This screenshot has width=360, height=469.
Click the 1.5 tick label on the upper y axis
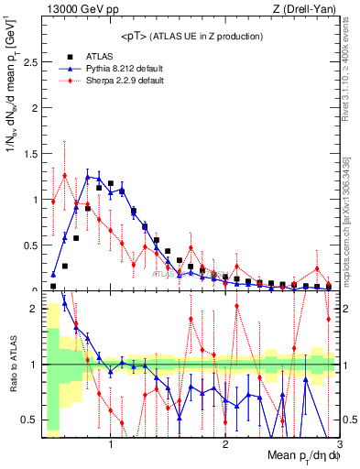tap(30, 154)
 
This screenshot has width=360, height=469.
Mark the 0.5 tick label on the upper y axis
tap(30, 245)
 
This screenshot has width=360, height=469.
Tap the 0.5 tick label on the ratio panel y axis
tap(30, 420)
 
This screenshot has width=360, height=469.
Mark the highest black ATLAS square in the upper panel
tap(111, 183)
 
